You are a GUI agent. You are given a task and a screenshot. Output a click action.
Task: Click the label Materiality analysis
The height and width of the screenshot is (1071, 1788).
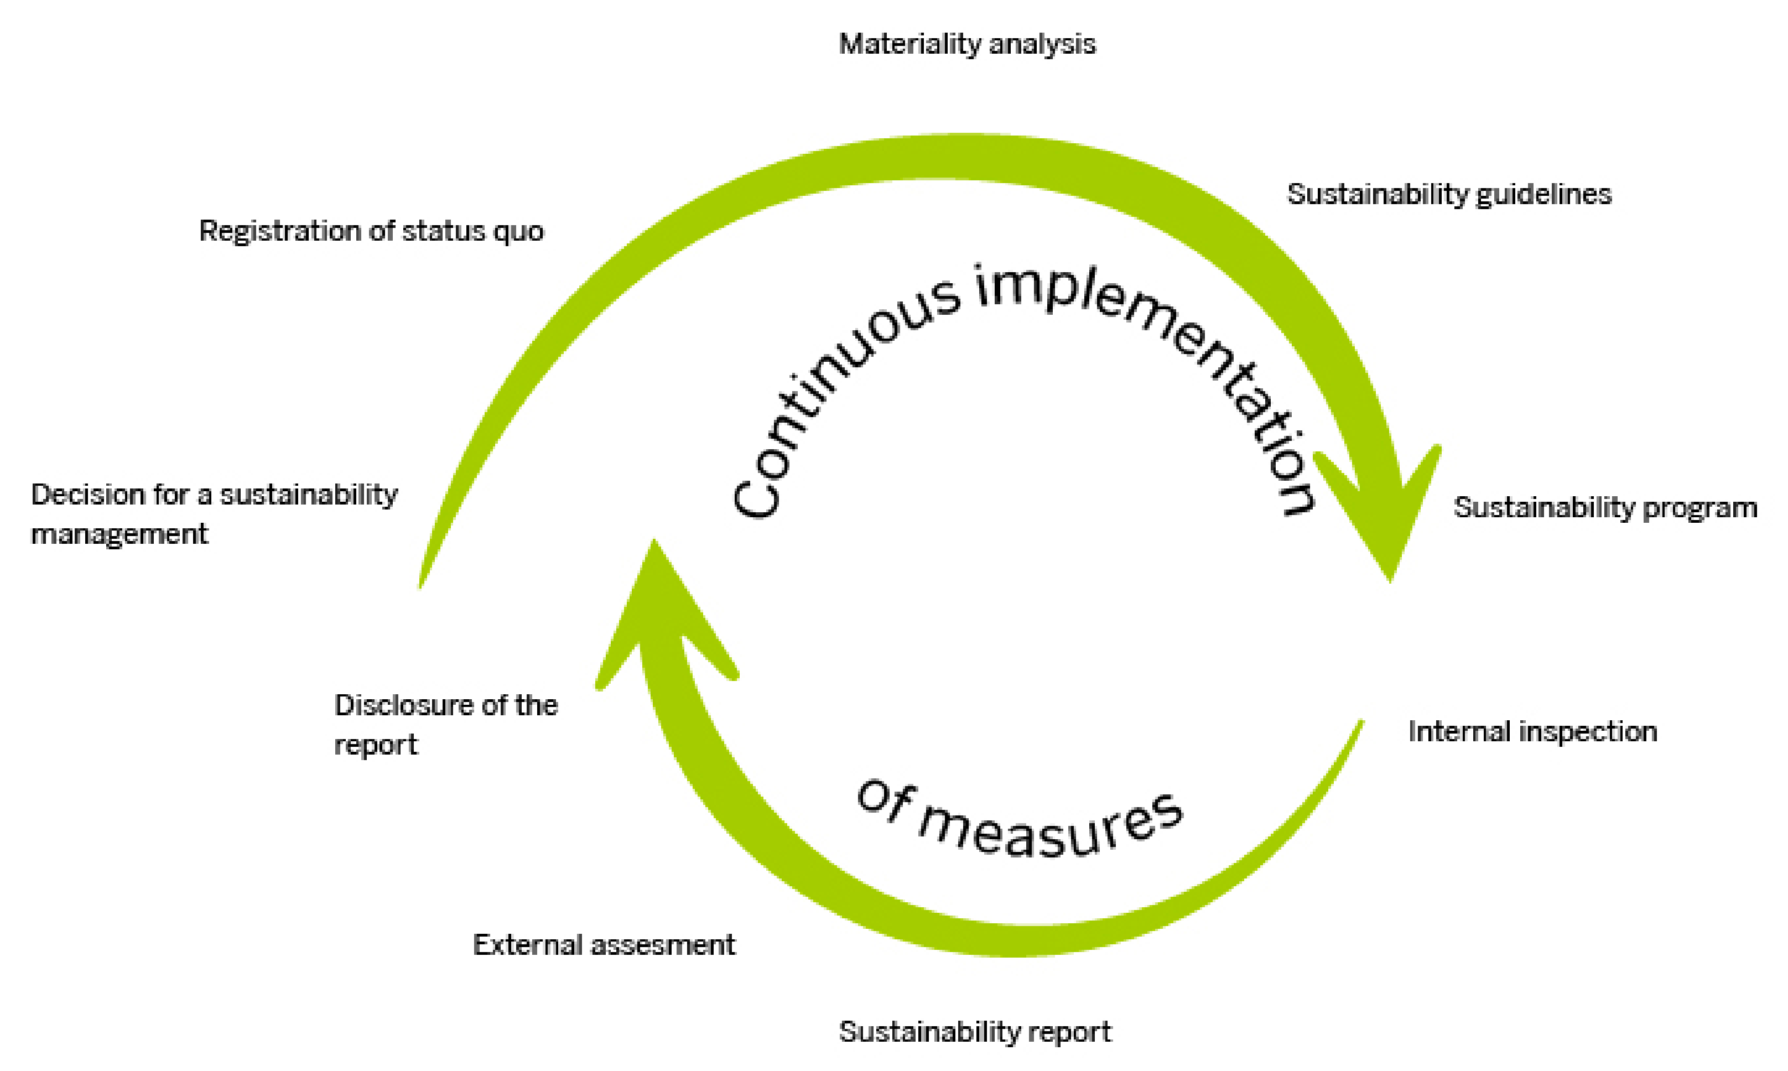pyautogui.click(x=967, y=45)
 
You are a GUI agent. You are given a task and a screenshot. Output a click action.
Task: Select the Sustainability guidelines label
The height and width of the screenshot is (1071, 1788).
pyautogui.click(x=1449, y=195)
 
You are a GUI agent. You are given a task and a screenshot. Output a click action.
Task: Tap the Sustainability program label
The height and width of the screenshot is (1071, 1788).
pyautogui.click(x=1605, y=507)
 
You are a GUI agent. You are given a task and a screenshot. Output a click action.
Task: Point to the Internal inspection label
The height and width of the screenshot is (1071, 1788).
pyautogui.click(x=1532, y=732)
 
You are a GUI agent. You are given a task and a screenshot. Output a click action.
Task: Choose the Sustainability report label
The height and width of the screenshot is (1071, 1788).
pyautogui.click(x=975, y=1031)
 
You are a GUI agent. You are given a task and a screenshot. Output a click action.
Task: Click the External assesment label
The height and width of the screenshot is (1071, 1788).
pyautogui.click(x=604, y=945)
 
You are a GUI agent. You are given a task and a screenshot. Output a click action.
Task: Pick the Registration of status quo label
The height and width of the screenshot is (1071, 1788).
pyautogui.click(x=371, y=231)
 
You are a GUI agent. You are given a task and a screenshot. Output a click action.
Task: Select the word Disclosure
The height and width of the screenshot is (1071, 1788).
pyautogui.click(x=403, y=705)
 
